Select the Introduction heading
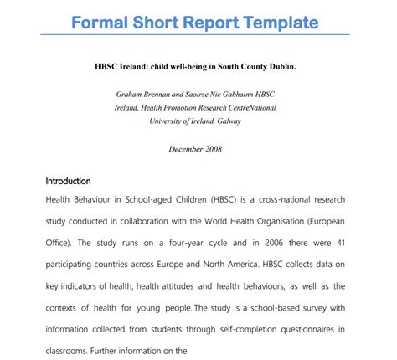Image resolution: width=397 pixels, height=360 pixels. click(x=68, y=181)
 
